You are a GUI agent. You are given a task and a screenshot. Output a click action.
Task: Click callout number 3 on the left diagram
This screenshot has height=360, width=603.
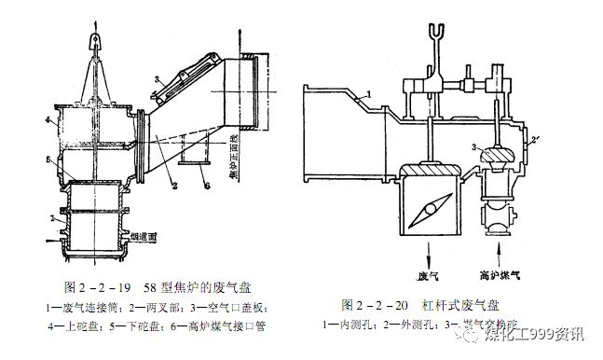click(x=158, y=80)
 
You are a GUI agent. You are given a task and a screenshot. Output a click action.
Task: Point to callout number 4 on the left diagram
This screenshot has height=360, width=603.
click(x=45, y=120)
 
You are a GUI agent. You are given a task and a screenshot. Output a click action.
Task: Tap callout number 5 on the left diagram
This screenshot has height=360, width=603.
click(x=45, y=160)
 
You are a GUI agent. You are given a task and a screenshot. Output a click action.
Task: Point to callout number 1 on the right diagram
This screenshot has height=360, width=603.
click(x=369, y=93)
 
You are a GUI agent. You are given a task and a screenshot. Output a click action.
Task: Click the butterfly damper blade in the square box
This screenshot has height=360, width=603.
click(x=427, y=208)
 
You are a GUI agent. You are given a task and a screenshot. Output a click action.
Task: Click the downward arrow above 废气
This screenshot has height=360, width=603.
click(x=426, y=255)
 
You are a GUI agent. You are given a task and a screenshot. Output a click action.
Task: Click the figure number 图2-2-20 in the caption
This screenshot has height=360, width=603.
click(x=374, y=305)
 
